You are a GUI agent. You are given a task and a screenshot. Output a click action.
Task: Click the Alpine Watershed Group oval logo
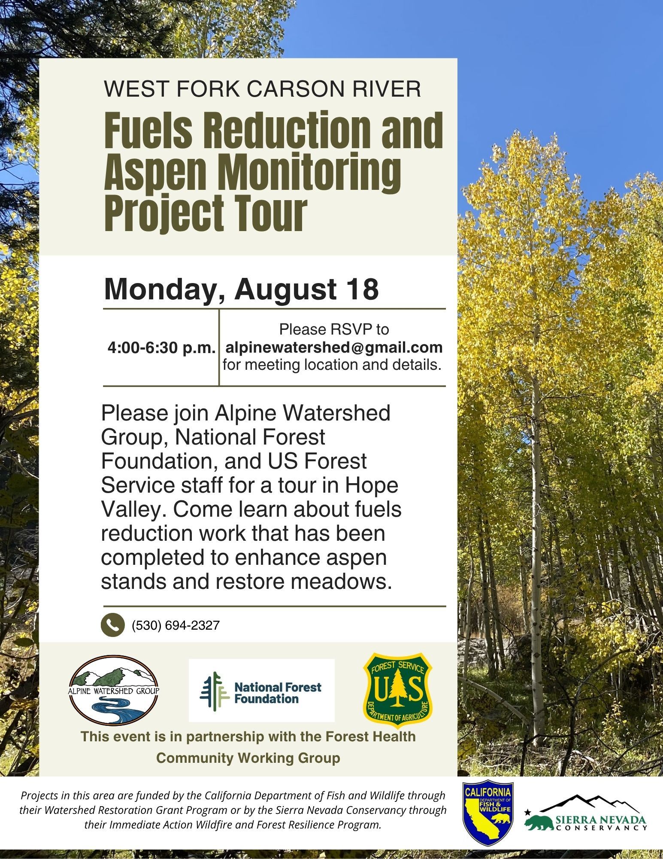tap(114, 690)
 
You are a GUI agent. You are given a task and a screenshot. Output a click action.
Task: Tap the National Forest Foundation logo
tap(261, 690)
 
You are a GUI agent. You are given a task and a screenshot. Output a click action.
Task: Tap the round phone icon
tap(112, 625)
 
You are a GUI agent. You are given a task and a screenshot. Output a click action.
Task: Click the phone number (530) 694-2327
tap(176, 625)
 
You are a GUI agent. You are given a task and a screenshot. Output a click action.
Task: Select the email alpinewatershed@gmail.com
tap(334, 347)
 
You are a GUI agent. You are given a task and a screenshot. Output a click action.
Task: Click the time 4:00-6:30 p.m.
tap(161, 348)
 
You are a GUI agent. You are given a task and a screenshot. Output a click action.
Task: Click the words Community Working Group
tap(248, 758)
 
